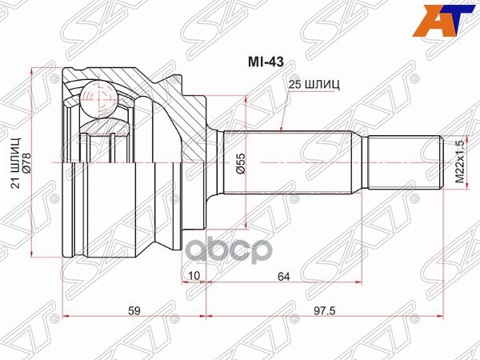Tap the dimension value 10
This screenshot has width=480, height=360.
(194, 277)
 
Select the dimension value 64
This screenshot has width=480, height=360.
(285, 277)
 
